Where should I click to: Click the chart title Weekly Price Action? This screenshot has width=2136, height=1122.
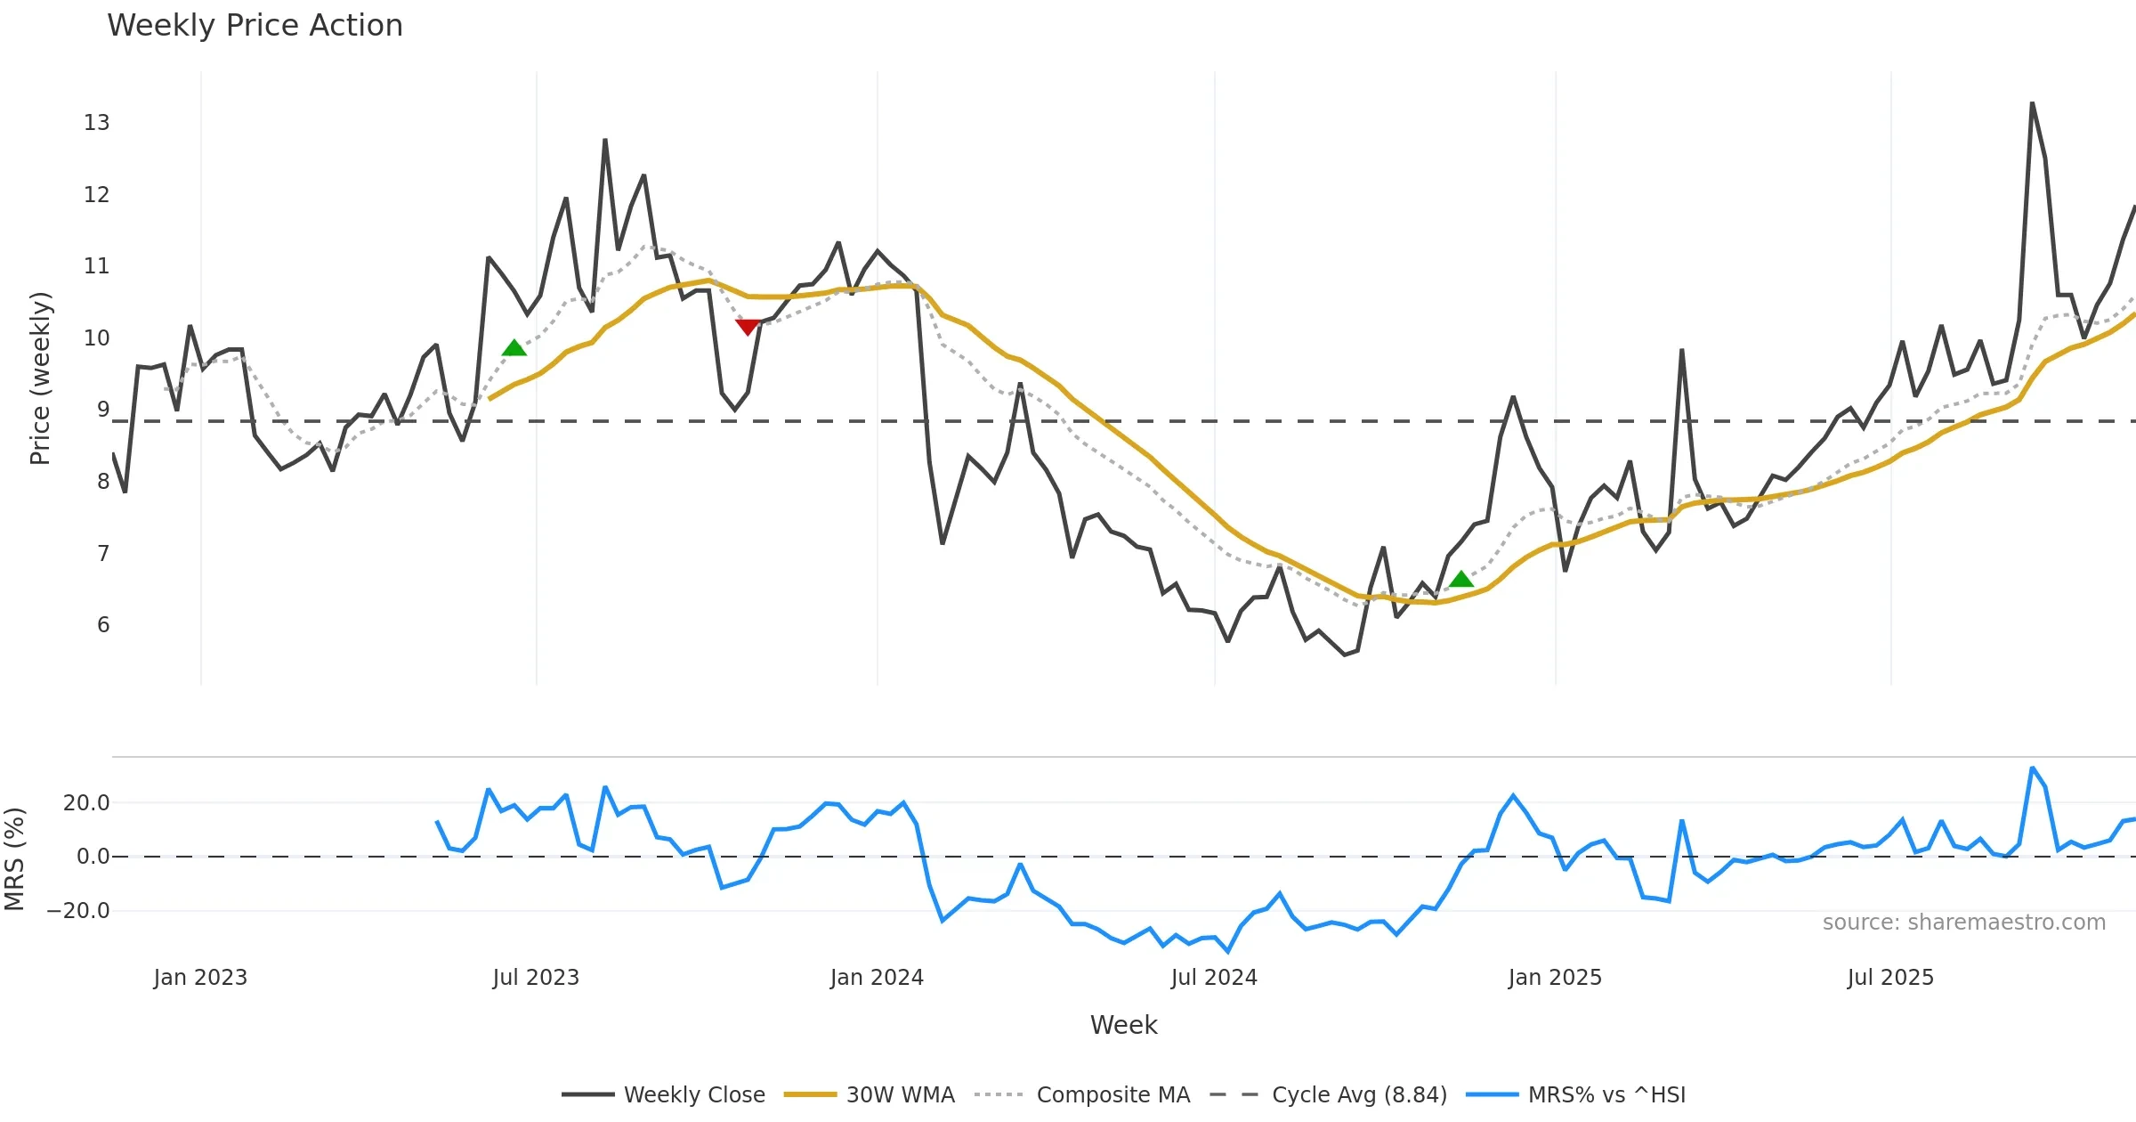coord(255,26)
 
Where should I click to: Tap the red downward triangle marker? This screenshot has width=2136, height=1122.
coord(748,327)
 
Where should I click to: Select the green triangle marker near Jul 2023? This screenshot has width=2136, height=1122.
coord(514,348)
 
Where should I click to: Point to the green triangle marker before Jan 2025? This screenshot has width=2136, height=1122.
coord(1460,580)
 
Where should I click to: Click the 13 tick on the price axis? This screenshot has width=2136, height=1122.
coord(96,123)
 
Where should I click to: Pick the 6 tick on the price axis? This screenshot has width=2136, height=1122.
coord(103,625)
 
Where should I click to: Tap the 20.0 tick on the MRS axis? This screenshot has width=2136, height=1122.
coord(86,803)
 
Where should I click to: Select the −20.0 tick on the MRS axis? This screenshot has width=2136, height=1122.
coord(78,911)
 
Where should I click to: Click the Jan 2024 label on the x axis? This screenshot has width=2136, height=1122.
coord(877,978)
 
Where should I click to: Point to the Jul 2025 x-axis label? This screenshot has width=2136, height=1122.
coord(1890,978)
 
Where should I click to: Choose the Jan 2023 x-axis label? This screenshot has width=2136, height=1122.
coord(200,978)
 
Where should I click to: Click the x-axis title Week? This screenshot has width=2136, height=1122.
coord(1123,1026)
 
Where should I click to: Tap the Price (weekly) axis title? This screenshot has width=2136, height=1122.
coord(40,378)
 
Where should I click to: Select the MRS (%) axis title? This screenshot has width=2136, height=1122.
coord(14,859)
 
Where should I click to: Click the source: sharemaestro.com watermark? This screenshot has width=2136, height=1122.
coord(1963,923)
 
